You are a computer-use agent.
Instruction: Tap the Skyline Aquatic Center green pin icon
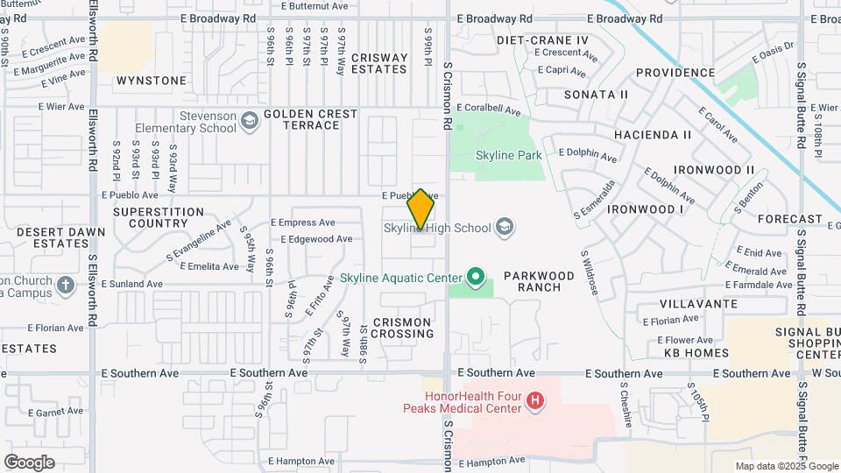pyautogui.click(x=476, y=279)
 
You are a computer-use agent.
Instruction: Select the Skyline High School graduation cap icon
pyautogui.click(x=504, y=228)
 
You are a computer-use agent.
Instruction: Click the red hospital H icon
pyautogui.click(x=534, y=402)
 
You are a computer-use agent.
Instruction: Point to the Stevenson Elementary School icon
pyautogui.click(x=250, y=121)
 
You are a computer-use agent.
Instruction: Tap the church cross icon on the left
pyautogui.click(x=66, y=285)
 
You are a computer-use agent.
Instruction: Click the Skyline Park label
pyautogui.click(x=508, y=155)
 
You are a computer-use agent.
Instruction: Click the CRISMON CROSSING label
pyautogui.click(x=402, y=328)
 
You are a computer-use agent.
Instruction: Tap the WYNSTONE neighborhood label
pyautogui.click(x=152, y=81)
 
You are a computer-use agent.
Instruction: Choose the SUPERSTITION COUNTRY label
pyautogui.click(x=159, y=217)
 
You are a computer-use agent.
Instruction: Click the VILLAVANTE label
pyautogui.click(x=699, y=303)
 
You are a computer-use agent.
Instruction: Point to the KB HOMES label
pyautogui.click(x=696, y=353)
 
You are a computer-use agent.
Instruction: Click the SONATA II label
pyautogui.click(x=596, y=94)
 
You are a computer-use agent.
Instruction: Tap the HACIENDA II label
pyautogui.click(x=653, y=135)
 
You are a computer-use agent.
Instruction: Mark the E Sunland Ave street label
pyautogui.click(x=132, y=284)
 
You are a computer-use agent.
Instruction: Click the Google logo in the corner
pyautogui.click(x=29, y=462)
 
